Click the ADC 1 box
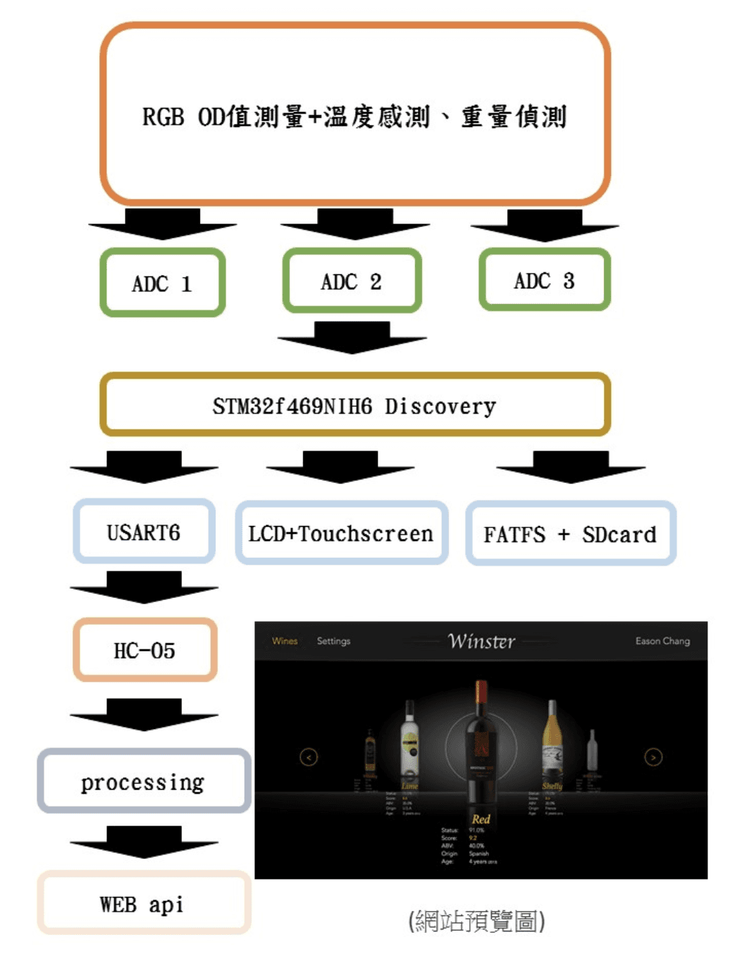pyautogui.click(x=163, y=283)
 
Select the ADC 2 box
pyautogui.click(x=352, y=281)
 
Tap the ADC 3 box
pyautogui.click(x=545, y=280)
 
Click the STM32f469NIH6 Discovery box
pyautogui.click(x=354, y=405)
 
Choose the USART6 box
pyautogui.click(x=144, y=532)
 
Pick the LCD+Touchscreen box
pyautogui.click(x=341, y=533)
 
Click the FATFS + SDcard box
pyautogui.click(x=570, y=534)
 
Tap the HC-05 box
pyautogui.click(x=144, y=649)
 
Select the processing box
pyautogui.click(x=144, y=781)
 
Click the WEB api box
pyautogui.click(x=143, y=903)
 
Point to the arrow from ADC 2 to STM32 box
pyautogui.click(x=352, y=337)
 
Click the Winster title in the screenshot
pyautogui.click(x=482, y=641)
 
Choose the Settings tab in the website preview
pyautogui.click(x=333, y=641)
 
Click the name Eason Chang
pyautogui.click(x=662, y=641)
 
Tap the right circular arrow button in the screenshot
pyautogui.click(x=653, y=757)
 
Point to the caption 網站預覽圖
pyautogui.click(x=476, y=921)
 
